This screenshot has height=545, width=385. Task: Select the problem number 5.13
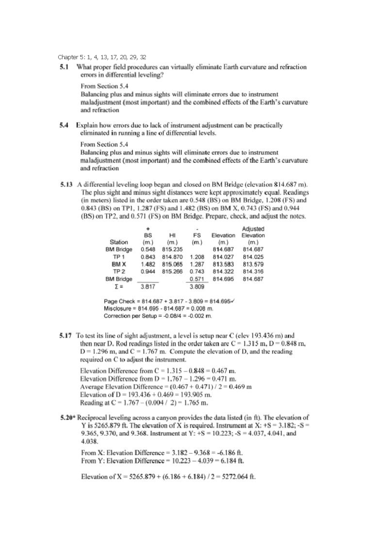(x=66, y=185)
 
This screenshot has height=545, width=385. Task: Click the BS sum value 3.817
(x=148, y=287)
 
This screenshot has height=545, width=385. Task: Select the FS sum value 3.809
(x=197, y=287)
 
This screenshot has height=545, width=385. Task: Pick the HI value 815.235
(x=172, y=249)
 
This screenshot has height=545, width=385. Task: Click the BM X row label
(x=119, y=264)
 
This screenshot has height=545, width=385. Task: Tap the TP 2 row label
(x=119, y=272)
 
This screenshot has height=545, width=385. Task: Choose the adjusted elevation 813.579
(x=253, y=264)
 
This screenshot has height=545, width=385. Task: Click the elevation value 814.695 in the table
(x=223, y=279)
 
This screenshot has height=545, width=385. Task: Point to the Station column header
(x=119, y=242)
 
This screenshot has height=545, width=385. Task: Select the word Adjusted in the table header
(x=253, y=229)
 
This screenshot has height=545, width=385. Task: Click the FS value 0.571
(x=197, y=279)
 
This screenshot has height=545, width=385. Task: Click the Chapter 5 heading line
(x=102, y=57)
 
